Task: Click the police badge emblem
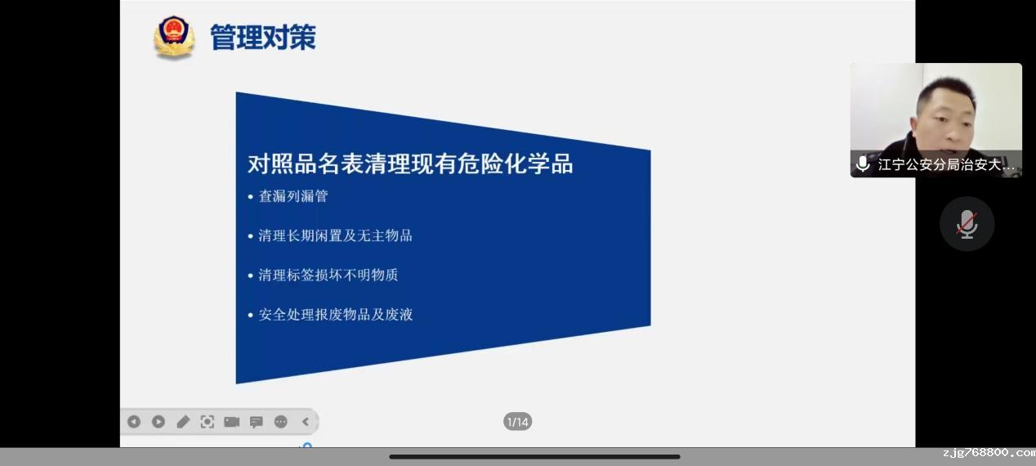[x=174, y=37]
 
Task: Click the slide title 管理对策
[x=263, y=37]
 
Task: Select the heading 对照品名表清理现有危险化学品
[x=410, y=164]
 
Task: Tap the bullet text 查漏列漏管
[x=293, y=196]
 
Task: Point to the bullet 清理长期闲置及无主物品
[x=335, y=235]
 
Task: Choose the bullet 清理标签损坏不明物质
[x=328, y=275]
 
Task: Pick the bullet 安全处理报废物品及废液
[x=335, y=315]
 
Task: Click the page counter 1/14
[x=517, y=422]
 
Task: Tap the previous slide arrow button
[x=134, y=422]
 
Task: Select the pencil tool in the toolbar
[x=183, y=422]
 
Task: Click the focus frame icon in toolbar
[x=208, y=422]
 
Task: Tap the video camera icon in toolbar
[x=232, y=422]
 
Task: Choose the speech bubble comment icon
[x=257, y=422]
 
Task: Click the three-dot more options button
[x=281, y=422]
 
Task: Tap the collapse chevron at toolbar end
[x=306, y=422]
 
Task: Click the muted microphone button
[x=967, y=224]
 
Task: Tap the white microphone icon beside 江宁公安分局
[x=863, y=164]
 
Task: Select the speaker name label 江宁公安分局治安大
[x=946, y=164]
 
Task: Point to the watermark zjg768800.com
[x=989, y=453]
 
